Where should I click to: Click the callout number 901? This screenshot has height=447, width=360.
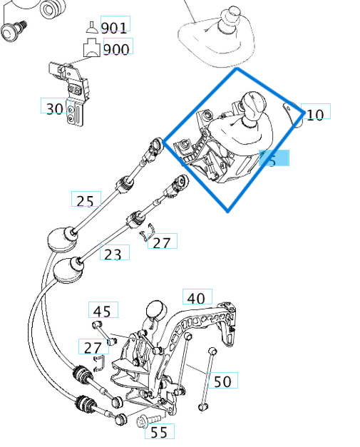point(114,28)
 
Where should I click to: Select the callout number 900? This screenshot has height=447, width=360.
point(116,49)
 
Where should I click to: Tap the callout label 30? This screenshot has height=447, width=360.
point(55,108)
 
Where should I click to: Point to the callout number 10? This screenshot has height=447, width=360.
point(314,113)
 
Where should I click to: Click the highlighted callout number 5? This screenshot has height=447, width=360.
point(274,160)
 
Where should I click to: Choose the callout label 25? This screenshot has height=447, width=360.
point(85,200)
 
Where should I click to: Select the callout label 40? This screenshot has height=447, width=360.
point(196,298)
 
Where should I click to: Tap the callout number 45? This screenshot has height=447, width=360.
point(102,312)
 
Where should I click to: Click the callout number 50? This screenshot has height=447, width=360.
point(222,381)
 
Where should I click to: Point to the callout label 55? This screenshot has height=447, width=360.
point(159,431)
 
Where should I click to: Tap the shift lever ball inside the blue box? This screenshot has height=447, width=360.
point(254,102)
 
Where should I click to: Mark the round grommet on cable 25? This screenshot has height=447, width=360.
point(62,238)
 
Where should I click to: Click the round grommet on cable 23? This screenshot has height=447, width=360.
point(69,269)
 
